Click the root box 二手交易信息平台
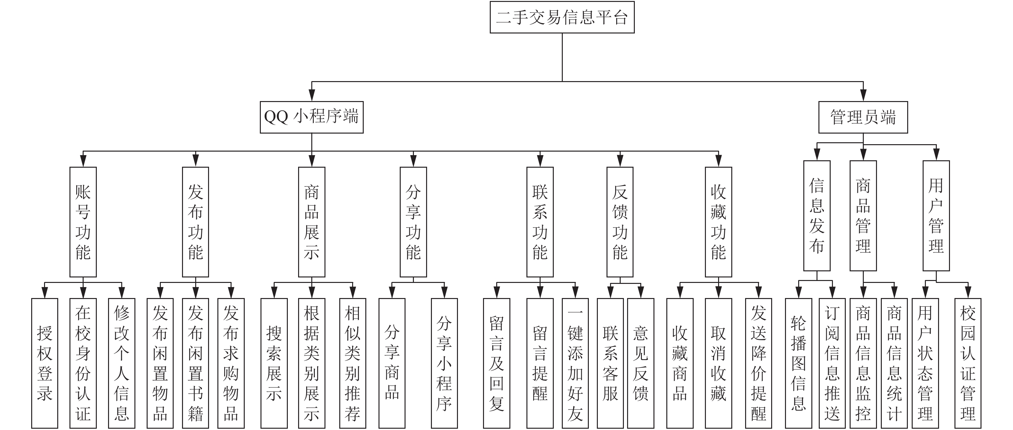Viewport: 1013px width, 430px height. [x=562, y=17]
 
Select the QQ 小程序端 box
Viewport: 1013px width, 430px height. [x=311, y=117]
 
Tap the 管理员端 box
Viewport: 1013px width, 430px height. [x=863, y=117]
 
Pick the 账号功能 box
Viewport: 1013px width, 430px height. [x=83, y=222]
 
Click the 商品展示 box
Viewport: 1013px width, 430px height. [x=311, y=222]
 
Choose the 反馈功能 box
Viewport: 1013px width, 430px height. [x=620, y=222]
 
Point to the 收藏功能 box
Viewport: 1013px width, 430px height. [x=718, y=222]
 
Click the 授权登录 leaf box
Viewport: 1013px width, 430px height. [x=44, y=363]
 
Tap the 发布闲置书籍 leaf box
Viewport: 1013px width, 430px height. [x=196, y=363]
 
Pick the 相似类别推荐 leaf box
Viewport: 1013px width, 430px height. [x=352, y=363]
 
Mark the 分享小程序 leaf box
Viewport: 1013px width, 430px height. [x=444, y=363]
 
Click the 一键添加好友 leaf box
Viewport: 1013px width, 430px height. [x=575, y=363]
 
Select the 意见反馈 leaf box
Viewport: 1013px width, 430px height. [x=641, y=363]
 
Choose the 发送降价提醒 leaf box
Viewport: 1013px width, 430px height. [x=759, y=363]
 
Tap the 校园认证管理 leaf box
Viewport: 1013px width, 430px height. [x=968, y=363]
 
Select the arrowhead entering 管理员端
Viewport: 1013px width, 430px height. [x=863, y=95]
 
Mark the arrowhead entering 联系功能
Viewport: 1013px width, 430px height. [x=540, y=161]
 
